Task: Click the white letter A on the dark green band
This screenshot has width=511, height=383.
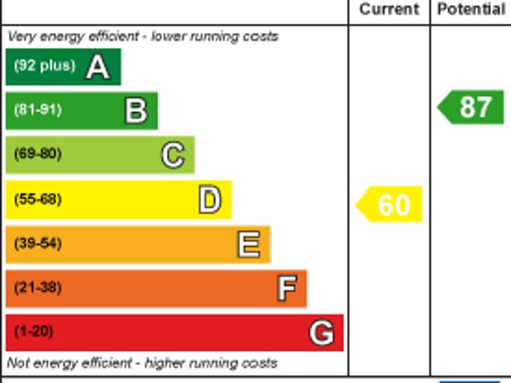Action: pyautogui.click(x=97, y=66)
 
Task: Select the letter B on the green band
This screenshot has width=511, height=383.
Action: pyautogui.click(x=136, y=110)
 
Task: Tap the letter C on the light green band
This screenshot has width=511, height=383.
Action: pyautogui.click(x=172, y=154)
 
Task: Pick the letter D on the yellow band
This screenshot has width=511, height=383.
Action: pyautogui.click(x=209, y=200)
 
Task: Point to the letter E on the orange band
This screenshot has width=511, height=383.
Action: pyautogui.click(x=248, y=244)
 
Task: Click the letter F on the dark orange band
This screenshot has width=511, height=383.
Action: pyautogui.click(x=287, y=288)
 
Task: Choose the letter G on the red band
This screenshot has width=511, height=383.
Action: pyautogui.click(x=322, y=332)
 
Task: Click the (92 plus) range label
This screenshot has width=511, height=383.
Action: pyautogui.click(x=45, y=66)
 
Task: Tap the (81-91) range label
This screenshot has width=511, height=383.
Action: pyautogui.click(x=38, y=110)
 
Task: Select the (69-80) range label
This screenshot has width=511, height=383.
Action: pyautogui.click(x=38, y=154)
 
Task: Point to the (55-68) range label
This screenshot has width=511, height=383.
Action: pyautogui.click(x=38, y=199)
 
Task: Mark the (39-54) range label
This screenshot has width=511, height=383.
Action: pyautogui.click(x=38, y=243)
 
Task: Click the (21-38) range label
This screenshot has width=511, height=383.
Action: pyautogui.click(x=38, y=287)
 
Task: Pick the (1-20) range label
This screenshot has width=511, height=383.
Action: pyautogui.click(x=34, y=331)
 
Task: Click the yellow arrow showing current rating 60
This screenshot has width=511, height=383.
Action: pyautogui.click(x=390, y=205)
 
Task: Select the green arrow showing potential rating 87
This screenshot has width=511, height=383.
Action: pyautogui.click(x=472, y=107)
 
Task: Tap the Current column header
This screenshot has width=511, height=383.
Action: pyautogui.click(x=389, y=10)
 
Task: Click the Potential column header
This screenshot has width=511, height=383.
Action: pyautogui.click(x=471, y=10)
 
